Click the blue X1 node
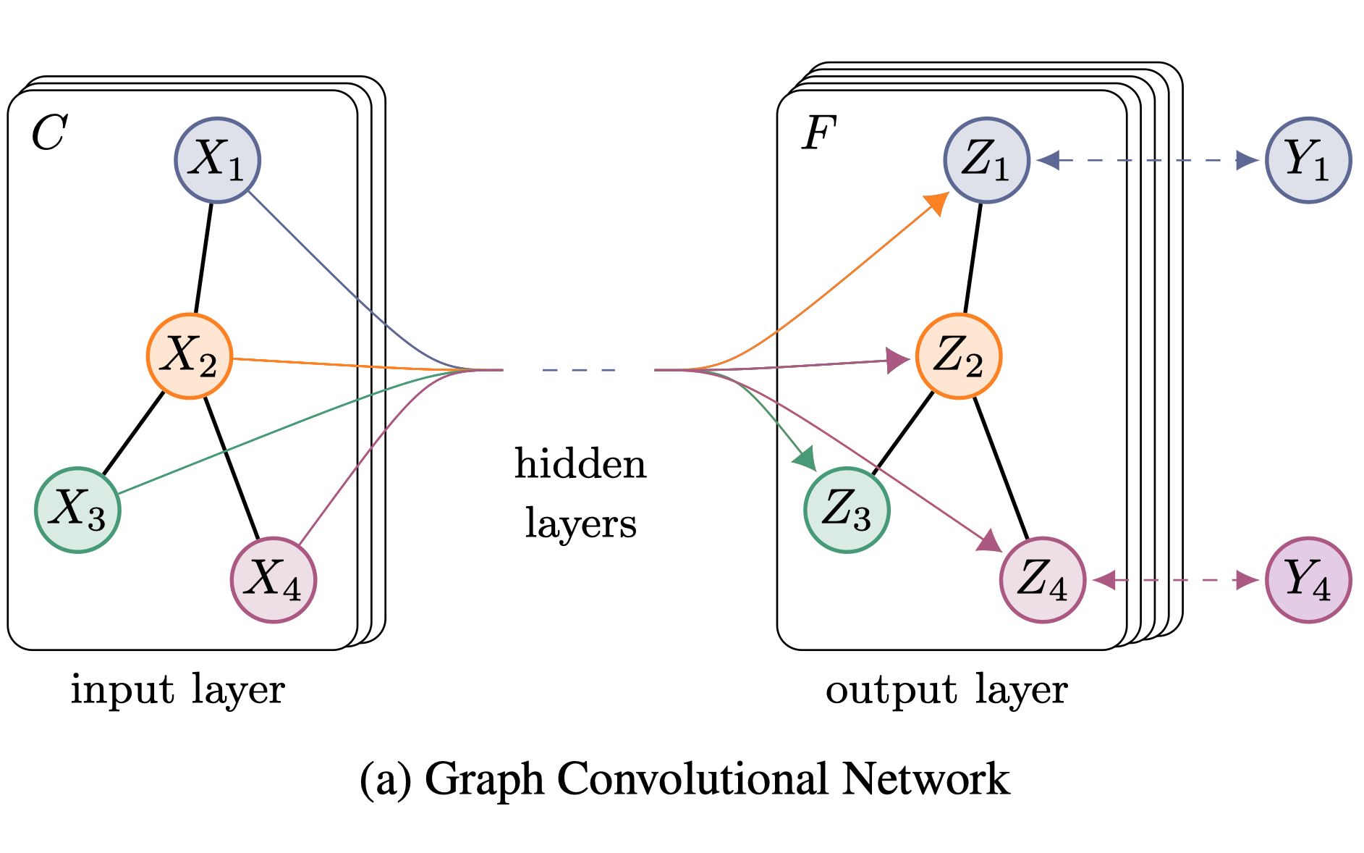click(217, 160)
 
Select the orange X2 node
click(190, 356)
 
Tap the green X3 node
click(77, 510)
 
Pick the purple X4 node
click(273, 579)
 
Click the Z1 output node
click(986, 160)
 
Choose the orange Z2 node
click(958, 356)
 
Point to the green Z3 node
click(847, 510)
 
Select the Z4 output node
click(1042, 579)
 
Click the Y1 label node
click(1308, 160)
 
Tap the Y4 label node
click(1308, 579)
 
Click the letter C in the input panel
click(49, 133)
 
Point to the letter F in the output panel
click(818, 133)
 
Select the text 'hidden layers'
click(580, 493)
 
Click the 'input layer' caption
click(177, 689)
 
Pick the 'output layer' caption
click(946, 689)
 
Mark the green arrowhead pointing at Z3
click(805, 458)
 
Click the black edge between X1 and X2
click(203, 258)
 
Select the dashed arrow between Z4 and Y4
click(1176, 579)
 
